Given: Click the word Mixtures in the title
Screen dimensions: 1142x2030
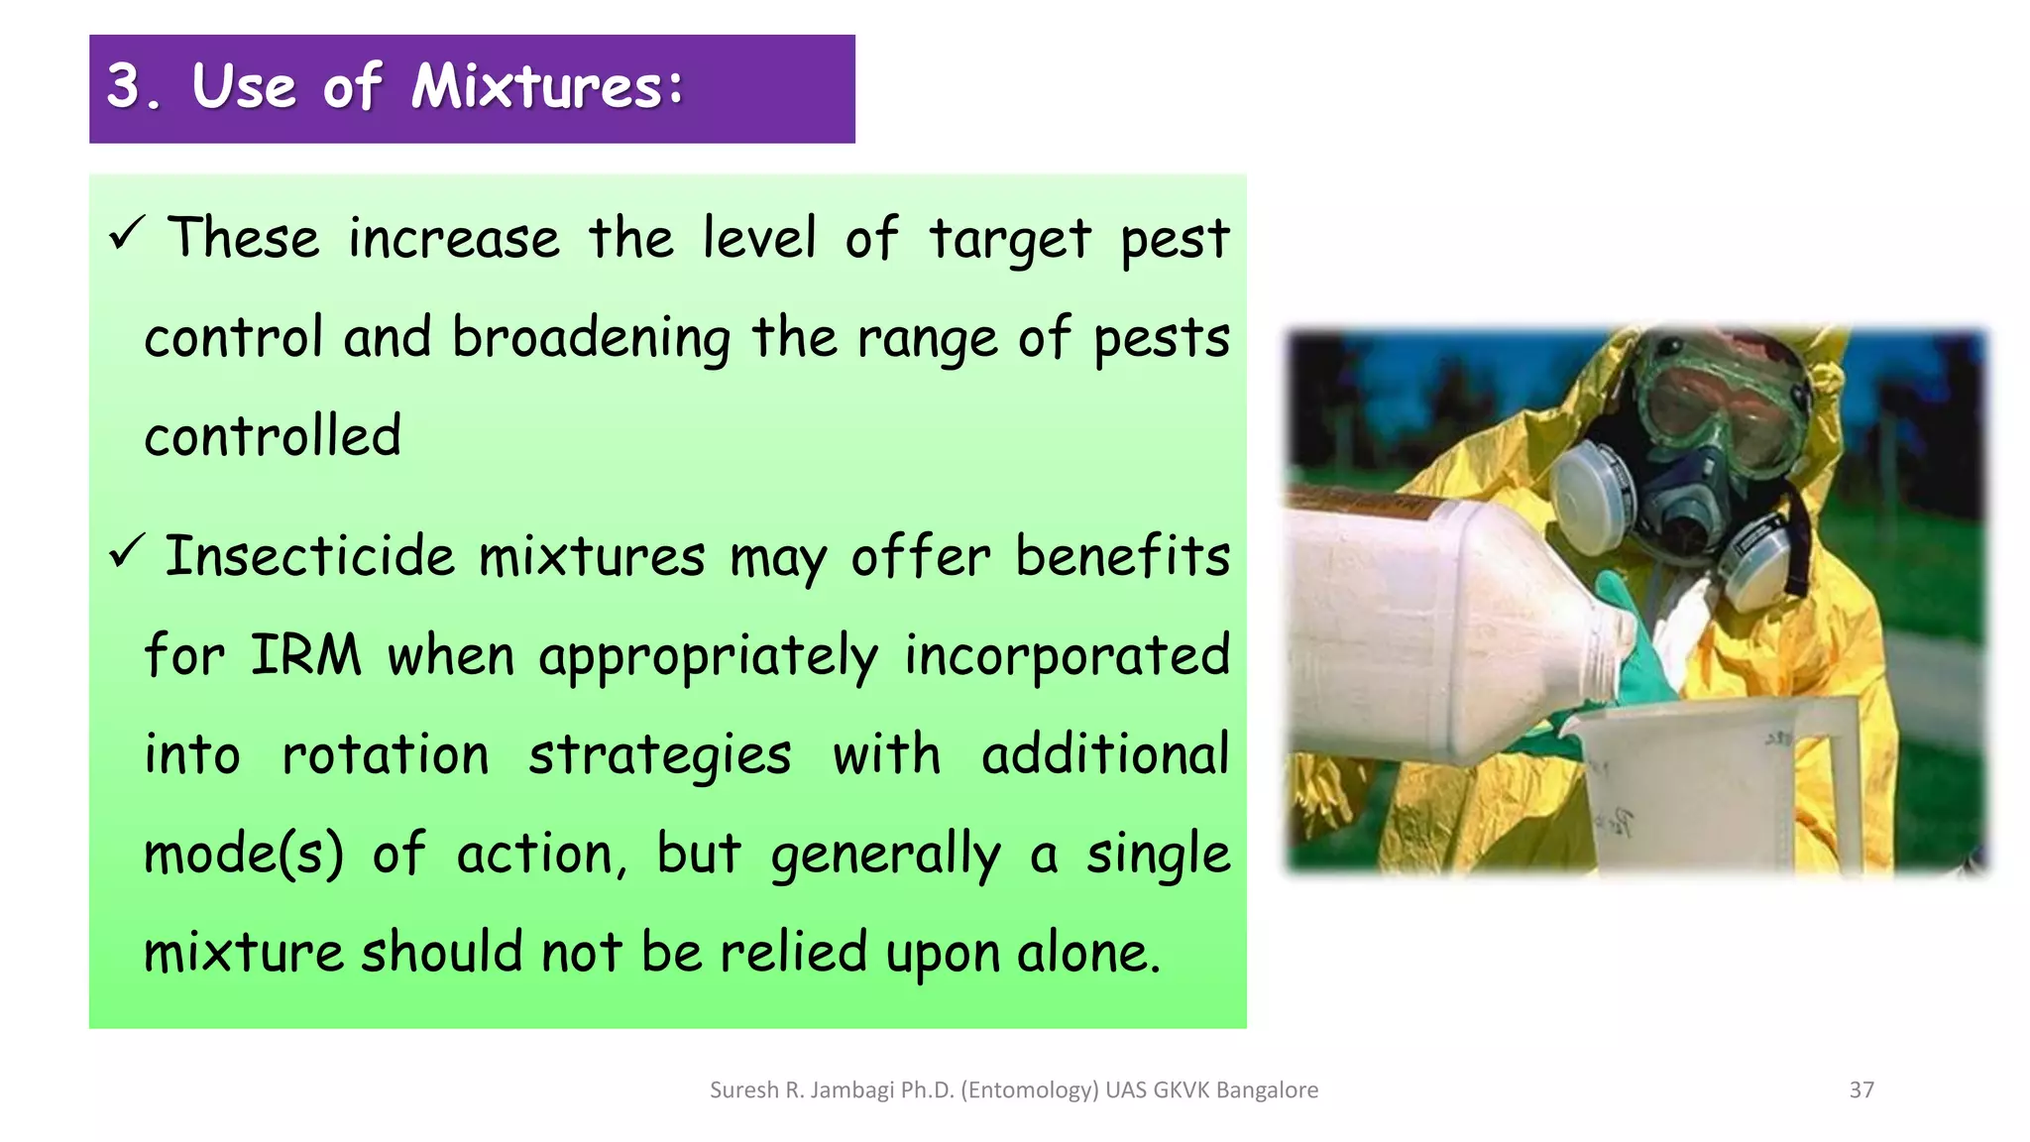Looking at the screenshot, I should pos(547,87).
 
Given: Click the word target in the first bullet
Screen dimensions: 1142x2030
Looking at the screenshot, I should pos(1009,241).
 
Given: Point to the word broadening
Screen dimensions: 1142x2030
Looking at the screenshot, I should pos(591,340).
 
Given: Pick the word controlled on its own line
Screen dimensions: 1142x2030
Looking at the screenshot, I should pos(273,437).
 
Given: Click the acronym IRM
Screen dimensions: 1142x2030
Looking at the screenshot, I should pos(305,656).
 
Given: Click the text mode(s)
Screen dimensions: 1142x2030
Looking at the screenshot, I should pos(244,855).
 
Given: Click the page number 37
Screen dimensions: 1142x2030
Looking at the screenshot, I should pos(1861,1090).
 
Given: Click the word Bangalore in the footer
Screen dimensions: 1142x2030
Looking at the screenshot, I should pos(1267,1090).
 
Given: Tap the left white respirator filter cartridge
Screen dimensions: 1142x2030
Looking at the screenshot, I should pos(1594,495).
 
